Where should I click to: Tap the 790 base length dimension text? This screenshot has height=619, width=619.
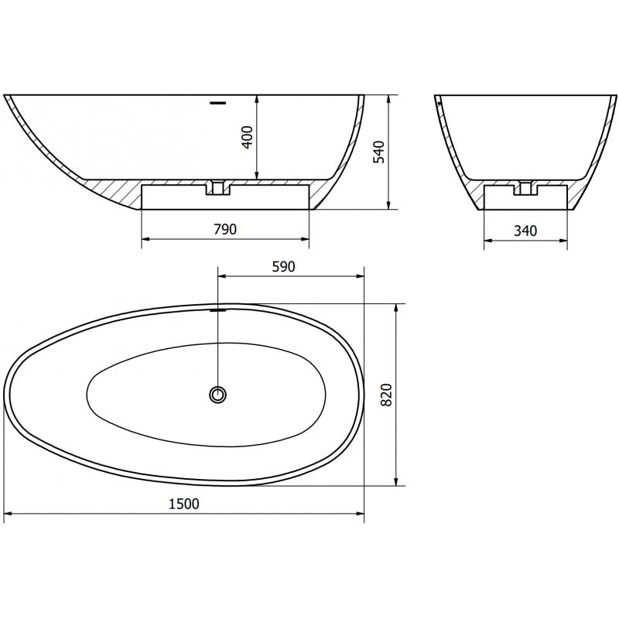[224, 229]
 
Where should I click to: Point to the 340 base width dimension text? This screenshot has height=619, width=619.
[525, 230]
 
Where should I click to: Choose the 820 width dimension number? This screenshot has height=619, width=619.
[388, 395]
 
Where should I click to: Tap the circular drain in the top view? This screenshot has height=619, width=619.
[218, 395]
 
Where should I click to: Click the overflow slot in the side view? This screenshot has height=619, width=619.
[218, 101]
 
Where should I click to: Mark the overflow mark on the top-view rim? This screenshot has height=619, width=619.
[218, 308]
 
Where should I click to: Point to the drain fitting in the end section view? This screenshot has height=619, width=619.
[526, 186]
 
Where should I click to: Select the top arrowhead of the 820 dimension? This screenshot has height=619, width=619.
[396, 308]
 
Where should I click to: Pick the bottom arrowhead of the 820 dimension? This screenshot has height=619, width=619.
[396, 482]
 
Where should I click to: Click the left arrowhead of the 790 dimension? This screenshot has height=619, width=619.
[145, 239]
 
